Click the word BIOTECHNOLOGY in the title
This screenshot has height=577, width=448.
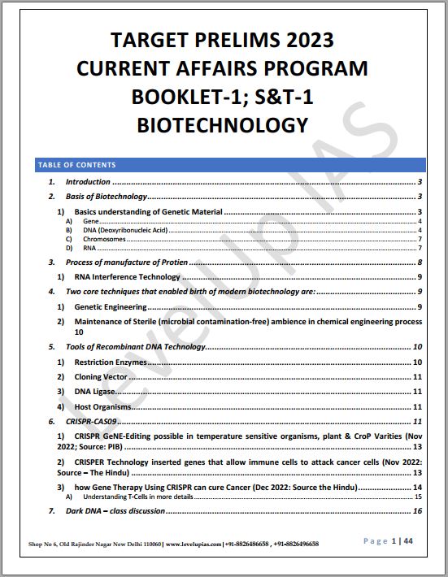tap(223, 125)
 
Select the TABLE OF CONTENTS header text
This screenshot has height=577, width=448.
tap(76, 165)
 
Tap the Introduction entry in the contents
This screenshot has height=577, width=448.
tap(88, 182)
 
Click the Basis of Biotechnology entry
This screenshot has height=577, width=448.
tap(107, 197)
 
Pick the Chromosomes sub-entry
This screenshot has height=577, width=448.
tap(105, 240)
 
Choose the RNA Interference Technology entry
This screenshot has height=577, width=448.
tap(127, 277)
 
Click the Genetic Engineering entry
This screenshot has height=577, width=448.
tap(111, 307)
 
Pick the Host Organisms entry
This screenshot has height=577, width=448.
tap(102, 406)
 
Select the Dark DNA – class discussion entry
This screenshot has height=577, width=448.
tap(115, 511)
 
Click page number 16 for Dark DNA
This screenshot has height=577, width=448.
tap(417, 511)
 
